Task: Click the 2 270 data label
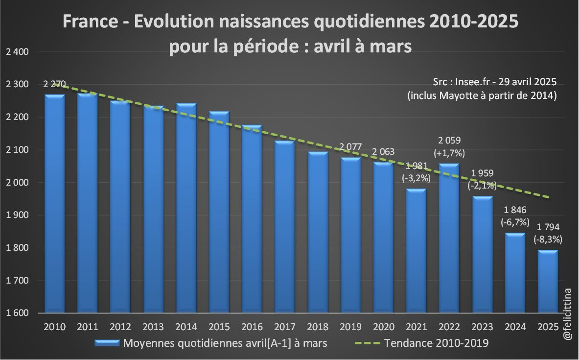point(54,84)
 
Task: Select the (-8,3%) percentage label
point(548,240)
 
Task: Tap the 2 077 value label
point(350,145)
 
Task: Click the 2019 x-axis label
point(350,327)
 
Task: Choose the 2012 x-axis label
point(119,327)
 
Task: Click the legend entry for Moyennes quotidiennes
point(225,343)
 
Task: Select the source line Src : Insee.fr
point(495,81)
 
